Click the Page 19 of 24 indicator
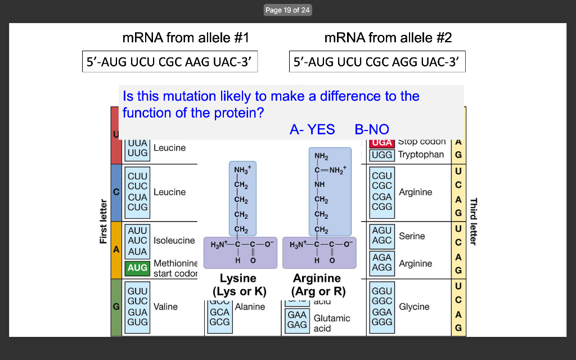point(287,10)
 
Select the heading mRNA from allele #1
point(185,38)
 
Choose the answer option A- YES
point(312,129)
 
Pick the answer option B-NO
point(372,129)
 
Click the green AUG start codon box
point(137,268)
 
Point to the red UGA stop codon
point(382,143)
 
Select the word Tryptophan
point(421,154)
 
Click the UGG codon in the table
point(382,154)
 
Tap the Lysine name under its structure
point(238,278)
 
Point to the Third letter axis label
point(473,222)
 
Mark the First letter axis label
point(103,222)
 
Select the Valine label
point(165,307)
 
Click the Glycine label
point(414,307)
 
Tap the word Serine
point(412,236)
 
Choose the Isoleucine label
point(174,240)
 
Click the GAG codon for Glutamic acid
point(297,325)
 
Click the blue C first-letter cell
point(116,192)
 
